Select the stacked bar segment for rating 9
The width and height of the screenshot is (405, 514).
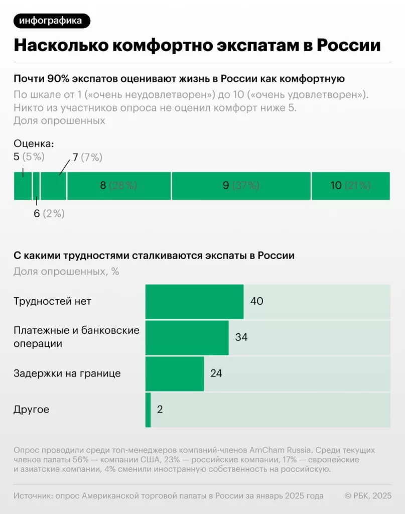point(241,186)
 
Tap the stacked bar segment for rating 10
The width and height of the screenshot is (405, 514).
point(350,186)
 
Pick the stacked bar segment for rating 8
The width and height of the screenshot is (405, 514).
point(119,186)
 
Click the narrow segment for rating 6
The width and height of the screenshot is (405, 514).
point(37,186)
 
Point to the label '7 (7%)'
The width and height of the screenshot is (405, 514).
point(87,157)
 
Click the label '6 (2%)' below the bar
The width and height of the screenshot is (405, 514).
point(49,213)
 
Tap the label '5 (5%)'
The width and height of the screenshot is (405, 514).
point(29,157)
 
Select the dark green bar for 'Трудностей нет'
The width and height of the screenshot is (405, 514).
point(194,301)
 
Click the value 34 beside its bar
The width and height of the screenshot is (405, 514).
point(241,337)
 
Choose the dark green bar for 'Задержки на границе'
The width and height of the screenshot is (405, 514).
point(175,373)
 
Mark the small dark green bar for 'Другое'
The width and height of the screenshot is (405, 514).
point(148,410)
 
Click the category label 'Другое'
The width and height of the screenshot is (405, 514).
point(31,410)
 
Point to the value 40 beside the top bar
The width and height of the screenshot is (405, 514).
point(256,301)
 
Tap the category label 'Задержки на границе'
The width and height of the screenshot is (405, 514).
point(67,373)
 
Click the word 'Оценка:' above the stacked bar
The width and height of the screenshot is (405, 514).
point(34,144)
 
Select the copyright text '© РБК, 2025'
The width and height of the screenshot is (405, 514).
point(367,496)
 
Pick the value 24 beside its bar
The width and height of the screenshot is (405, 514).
point(216,373)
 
